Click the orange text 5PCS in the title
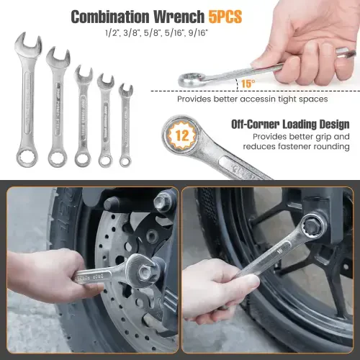pos(225,17)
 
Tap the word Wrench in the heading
pos(179,17)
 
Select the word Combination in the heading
pos(110,17)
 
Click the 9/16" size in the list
pos(198,33)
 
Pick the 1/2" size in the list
pos(112,33)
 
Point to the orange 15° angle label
pos(248,84)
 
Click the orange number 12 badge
pos(182,135)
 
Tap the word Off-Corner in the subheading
pos(255,125)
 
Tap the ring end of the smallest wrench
pos(125,161)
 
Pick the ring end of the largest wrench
pos(27,157)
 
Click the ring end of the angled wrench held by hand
pos(190,80)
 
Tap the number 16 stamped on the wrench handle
pos(279,251)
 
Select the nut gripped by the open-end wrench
pos(145,271)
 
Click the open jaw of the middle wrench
pos(84,73)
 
